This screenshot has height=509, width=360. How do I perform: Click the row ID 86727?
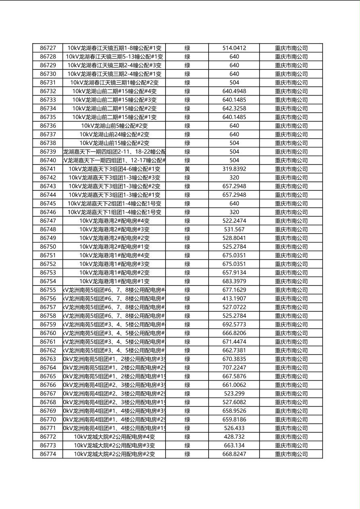tap(48, 48)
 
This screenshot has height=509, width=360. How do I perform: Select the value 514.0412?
tap(234, 48)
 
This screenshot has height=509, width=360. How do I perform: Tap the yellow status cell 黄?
tap(187, 169)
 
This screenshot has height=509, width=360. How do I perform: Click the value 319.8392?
tap(234, 169)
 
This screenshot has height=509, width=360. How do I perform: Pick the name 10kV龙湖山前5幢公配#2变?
tap(114, 126)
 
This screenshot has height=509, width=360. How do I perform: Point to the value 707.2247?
tap(234, 368)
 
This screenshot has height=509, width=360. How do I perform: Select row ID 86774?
tap(48, 454)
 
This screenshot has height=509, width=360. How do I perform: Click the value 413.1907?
tap(234, 298)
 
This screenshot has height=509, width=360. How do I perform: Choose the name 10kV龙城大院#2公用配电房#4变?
tap(114, 437)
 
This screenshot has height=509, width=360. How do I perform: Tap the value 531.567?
tap(234, 229)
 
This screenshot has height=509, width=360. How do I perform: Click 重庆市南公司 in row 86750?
tap(291, 247)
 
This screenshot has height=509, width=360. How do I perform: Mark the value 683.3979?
tap(234, 281)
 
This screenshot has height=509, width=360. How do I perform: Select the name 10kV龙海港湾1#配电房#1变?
tap(114, 281)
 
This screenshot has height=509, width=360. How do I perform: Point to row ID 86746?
tap(48, 212)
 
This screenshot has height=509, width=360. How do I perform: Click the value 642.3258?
tap(234, 108)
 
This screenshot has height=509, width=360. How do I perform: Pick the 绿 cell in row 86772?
tap(187, 437)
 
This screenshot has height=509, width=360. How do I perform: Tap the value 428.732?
tap(234, 437)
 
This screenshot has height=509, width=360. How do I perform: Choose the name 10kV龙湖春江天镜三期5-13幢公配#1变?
tap(114, 57)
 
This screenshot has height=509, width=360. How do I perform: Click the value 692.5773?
tap(234, 325)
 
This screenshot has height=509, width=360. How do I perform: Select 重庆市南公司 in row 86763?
tap(291, 359)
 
